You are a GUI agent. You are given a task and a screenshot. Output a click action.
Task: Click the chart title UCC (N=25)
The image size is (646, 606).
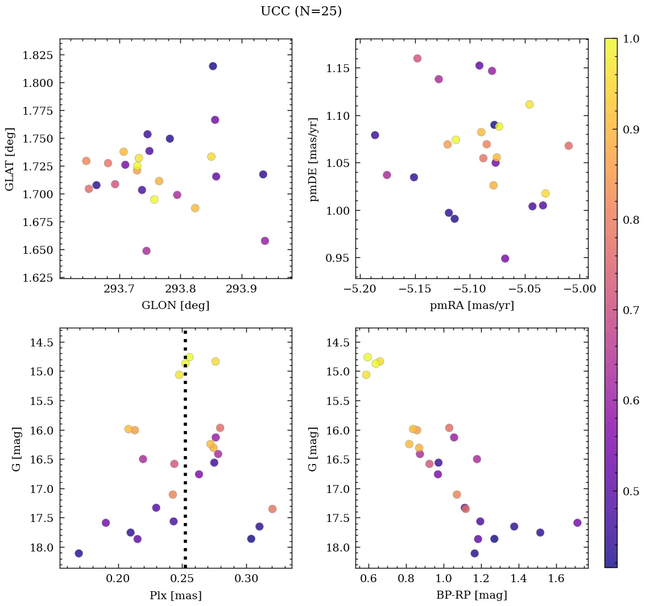click(301, 11)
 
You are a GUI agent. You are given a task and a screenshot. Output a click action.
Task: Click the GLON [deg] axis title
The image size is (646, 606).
click(175, 306)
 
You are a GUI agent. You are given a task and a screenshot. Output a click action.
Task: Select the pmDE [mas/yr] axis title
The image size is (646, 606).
click(313, 159)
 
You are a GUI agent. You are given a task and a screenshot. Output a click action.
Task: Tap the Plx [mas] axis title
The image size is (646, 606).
click(175, 595)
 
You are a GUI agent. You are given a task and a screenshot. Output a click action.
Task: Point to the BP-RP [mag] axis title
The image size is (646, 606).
click(471, 595)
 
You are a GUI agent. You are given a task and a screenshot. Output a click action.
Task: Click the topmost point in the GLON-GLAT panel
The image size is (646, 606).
click(213, 66)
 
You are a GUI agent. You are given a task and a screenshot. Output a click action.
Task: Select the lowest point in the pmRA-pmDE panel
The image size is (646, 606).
click(505, 258)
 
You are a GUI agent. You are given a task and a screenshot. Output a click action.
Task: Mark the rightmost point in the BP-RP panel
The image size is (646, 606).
click(577, 523)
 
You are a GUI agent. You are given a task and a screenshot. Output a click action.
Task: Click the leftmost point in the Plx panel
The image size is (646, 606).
click(78, 553)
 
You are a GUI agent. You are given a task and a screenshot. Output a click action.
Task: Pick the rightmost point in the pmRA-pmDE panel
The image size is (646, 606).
click(569, 146)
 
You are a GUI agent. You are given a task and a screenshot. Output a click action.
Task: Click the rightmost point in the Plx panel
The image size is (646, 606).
click(272, 509)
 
